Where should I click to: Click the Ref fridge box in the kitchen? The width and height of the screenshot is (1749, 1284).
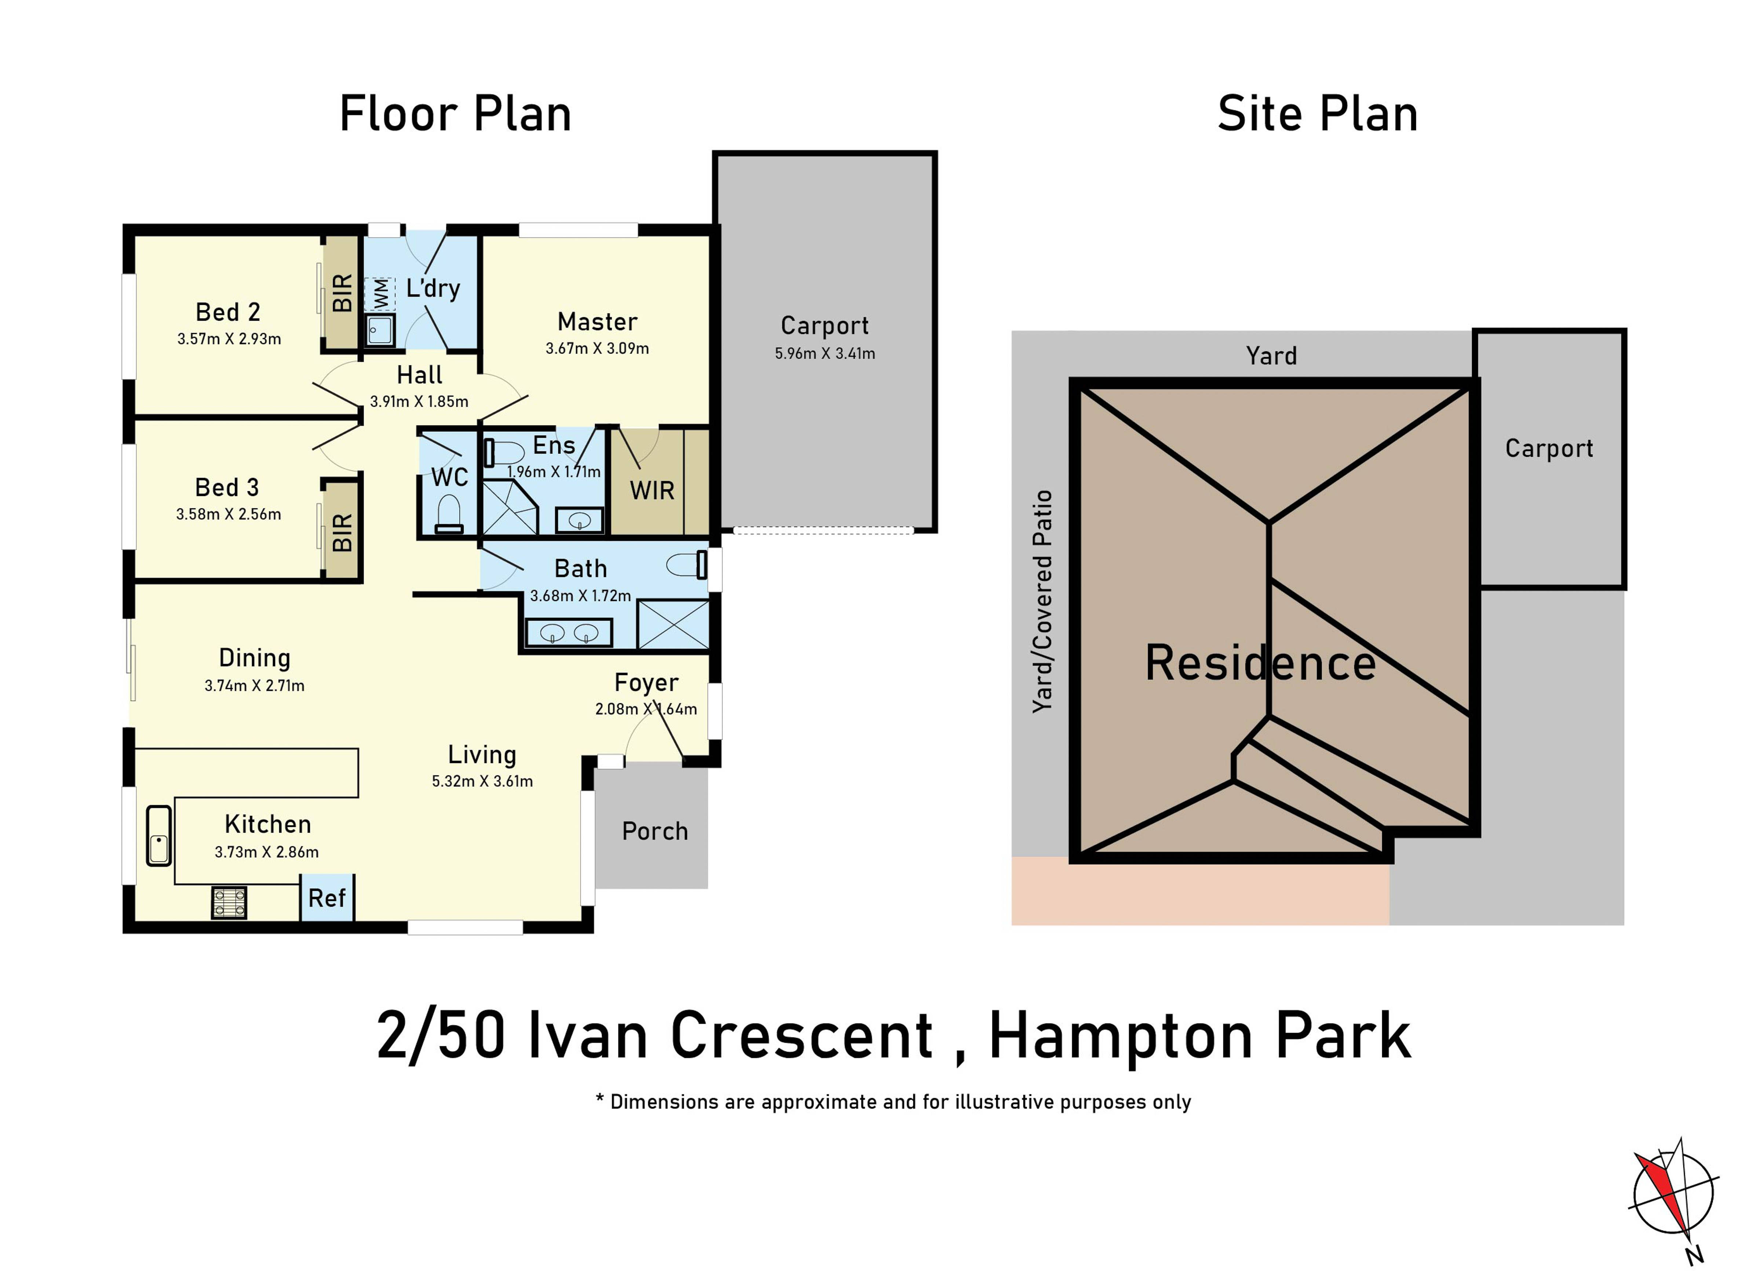point(327,898)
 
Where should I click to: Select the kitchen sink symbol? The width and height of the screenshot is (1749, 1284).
point(158,836)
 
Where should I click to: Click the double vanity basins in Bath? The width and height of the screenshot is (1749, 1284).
point(570,633)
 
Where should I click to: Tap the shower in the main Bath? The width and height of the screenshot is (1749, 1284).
point(673,624)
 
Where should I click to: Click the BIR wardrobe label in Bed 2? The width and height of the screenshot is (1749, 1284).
point(342,293)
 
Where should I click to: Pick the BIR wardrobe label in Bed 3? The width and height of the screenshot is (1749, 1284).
point(342,532)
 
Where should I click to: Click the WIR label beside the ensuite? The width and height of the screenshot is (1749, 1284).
point(652,491)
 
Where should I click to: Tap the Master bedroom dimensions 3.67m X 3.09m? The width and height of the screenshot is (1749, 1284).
point(597,348)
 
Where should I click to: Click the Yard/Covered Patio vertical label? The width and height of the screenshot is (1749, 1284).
point(1042,601)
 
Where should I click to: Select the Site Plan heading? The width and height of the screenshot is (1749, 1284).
point(1318,113)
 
